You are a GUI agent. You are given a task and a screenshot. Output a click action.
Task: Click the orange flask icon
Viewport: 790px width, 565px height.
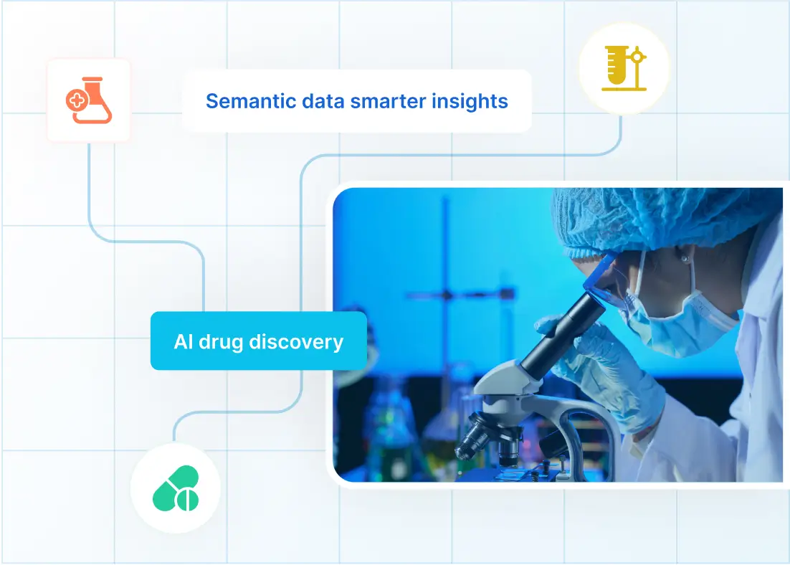pyautogui.click(x=89, y=100)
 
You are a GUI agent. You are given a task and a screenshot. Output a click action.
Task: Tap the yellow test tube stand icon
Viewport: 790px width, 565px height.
pyautogui.click(x=624, y=69)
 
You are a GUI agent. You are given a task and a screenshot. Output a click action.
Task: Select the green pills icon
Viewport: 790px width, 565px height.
pyautogui.click(x=176, y=488)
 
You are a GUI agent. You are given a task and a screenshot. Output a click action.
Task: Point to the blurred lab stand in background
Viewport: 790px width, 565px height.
pyautogui.click(x=444, y=294)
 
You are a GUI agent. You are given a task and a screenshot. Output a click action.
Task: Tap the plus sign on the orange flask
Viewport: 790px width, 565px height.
pyautogui.click(x=75, y=101)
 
